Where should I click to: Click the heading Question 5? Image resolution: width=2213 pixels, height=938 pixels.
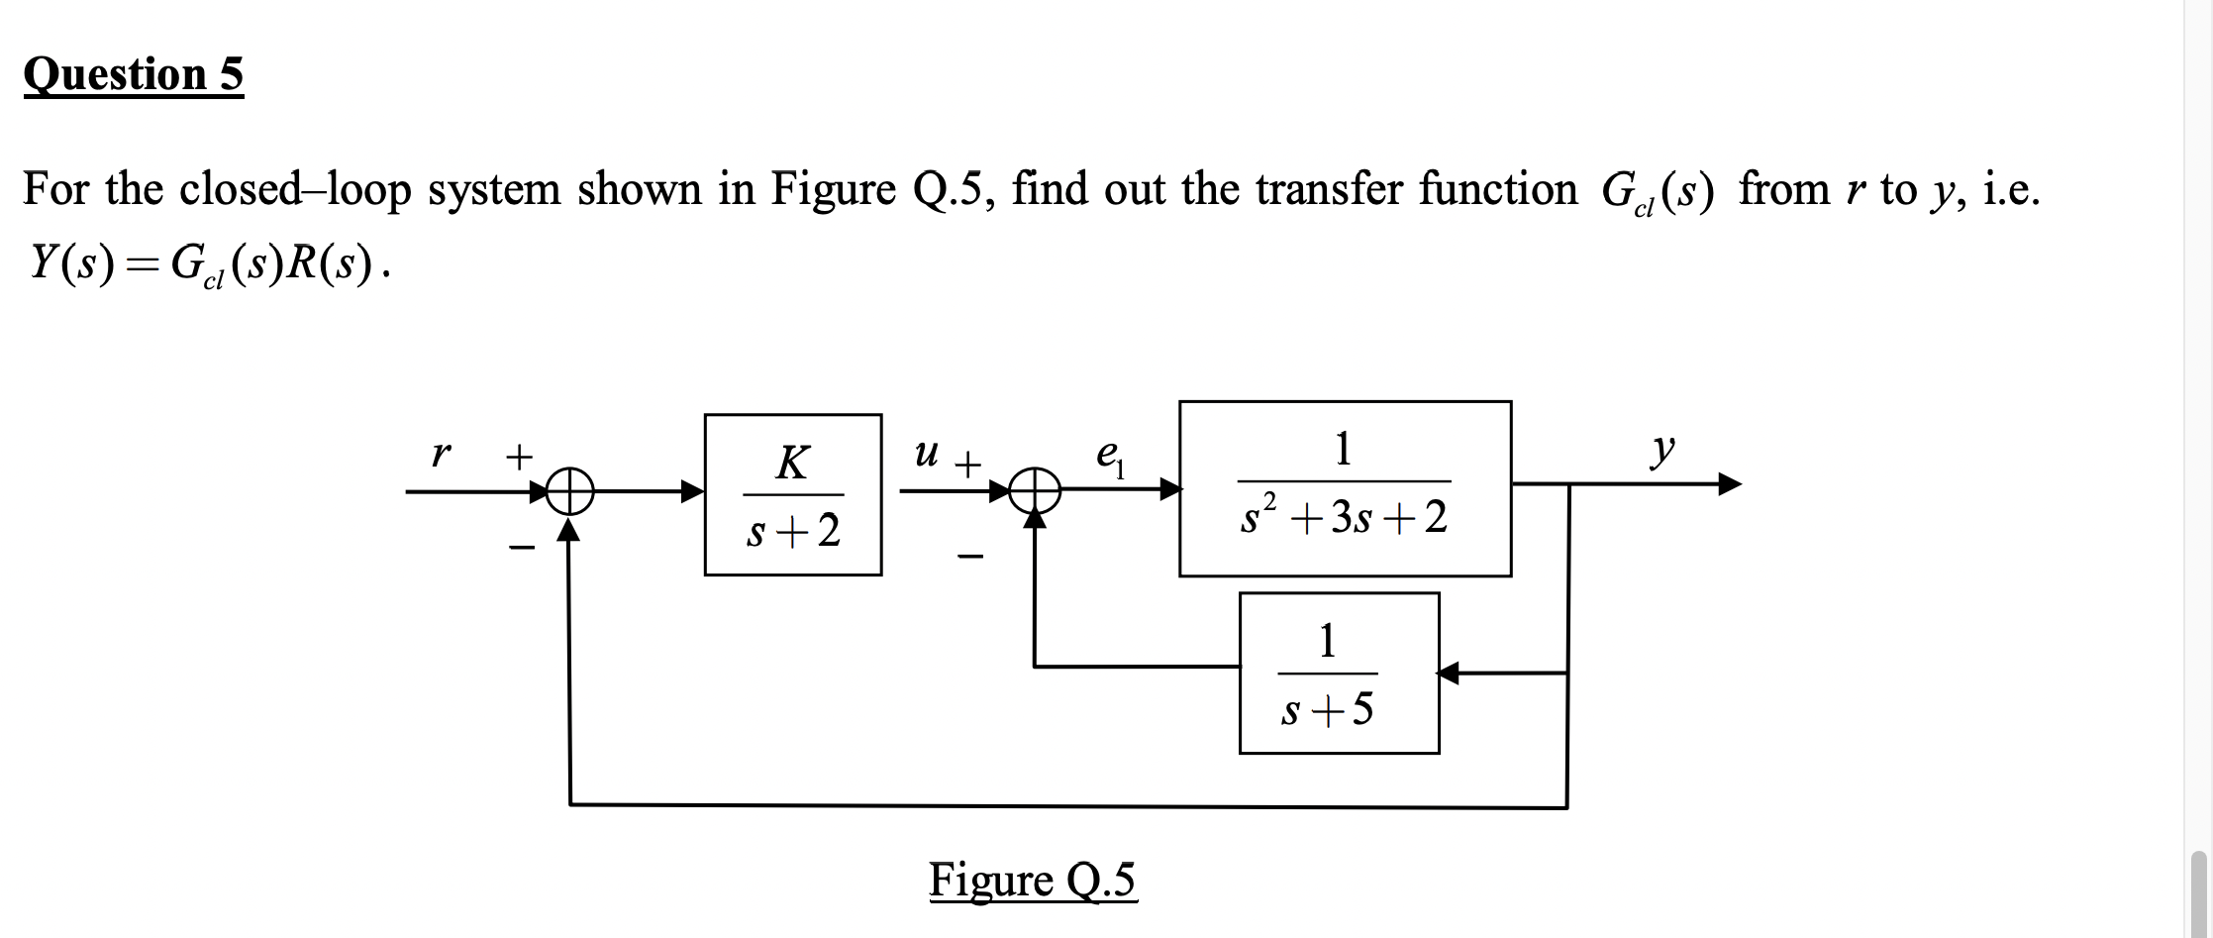click(134, 75)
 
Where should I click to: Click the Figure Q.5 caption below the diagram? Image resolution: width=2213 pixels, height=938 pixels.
click(1033, 880)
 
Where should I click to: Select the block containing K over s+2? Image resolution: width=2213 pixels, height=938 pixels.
click(793, 494)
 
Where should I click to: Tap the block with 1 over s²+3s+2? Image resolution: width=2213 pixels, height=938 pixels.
click(1345, 488)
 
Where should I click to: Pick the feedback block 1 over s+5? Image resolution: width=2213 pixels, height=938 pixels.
click(1339, 674)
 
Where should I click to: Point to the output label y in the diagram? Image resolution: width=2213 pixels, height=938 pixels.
click(1662, 450)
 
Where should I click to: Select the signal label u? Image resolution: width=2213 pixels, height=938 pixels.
click(926, 454)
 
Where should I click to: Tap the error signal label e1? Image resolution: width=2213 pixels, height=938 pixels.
click(1109, 457)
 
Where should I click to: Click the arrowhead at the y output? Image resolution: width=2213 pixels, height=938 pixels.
click(1728, 484)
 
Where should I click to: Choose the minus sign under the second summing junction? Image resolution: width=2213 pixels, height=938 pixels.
click(970, 559)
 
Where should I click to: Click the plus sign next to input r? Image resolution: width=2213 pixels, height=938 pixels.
click(519, 457)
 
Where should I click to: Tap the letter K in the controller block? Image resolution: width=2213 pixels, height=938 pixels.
click(792, 463)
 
